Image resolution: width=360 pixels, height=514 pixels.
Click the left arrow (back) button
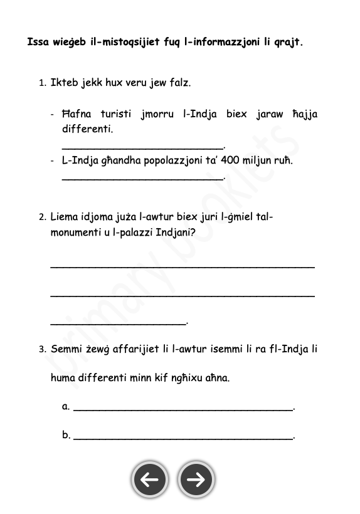[149, 480]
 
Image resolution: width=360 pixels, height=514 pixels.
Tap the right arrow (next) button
[196, 480]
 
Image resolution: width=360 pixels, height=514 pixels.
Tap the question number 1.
[42, 83]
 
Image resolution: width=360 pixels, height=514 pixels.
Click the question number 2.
[42, 218]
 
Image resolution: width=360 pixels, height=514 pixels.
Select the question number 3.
[42, 349]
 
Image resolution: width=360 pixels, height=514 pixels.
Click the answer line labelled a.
[183, 409]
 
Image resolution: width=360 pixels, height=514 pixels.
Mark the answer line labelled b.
[183, 438]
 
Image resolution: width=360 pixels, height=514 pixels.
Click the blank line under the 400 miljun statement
[143, 179]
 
